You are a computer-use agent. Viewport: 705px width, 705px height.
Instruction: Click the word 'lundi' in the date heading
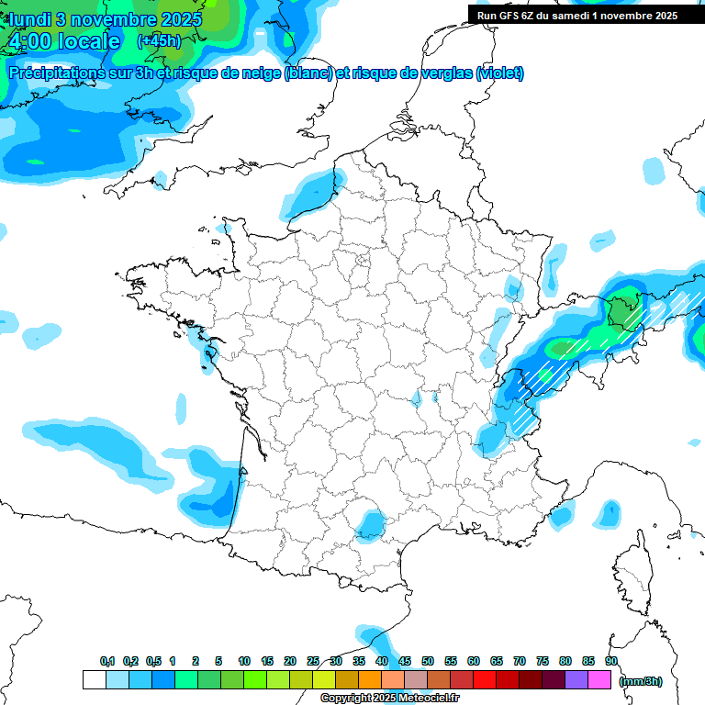pyautogui.click(x=30, y=19)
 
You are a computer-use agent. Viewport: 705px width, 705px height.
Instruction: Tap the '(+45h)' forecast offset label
pyautogui.click(x=159, y=41)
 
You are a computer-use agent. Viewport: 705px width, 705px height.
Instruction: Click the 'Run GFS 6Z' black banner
pyautogui.click(x=576, y=15)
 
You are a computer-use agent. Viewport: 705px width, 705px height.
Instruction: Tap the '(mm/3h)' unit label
pyautogui.click(x=641, y=681)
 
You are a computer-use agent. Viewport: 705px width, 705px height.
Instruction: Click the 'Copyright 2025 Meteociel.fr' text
pyautogui.click(x=389, y=699)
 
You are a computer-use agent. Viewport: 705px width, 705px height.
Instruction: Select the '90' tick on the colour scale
pyautogui.click(x=611, y=662)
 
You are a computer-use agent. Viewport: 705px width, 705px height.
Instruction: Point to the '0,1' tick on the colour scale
pyautogui.click(x=107, y=662)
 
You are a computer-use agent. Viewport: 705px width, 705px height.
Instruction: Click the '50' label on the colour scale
pyautogui.click(x=428, y=662)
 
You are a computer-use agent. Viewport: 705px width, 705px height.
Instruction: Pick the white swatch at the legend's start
pyautogui.click(x=94, y=680)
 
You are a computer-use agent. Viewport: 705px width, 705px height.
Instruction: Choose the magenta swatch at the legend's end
pyautogui.click(x=599, y=680)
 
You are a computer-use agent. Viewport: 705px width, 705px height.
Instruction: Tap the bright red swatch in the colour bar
pyautogui.click(x=485, y=680)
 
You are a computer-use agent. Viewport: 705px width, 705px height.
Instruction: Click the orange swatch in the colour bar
pyautogui.click(x=370, y=680)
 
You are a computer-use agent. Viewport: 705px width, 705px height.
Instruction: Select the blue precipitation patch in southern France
pyautogui.click(x=371, y=524)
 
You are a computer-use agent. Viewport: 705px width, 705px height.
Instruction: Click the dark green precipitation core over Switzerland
pyautogui.click(x=623, y=312)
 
